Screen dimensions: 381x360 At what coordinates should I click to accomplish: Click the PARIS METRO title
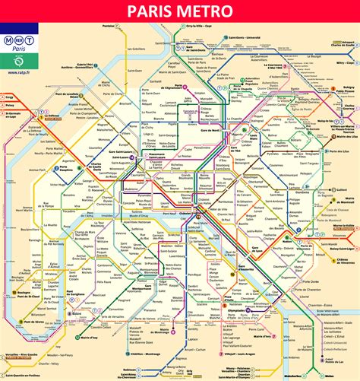tap(180, 11)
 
